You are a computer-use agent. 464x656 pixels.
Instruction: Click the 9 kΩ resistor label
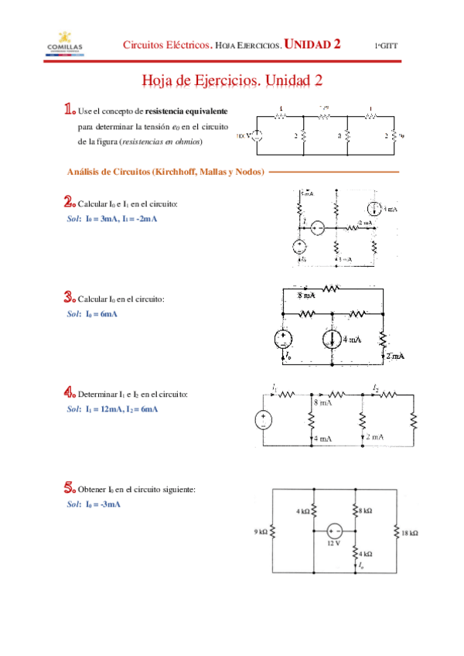point(261,532)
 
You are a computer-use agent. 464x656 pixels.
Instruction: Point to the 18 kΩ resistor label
point(410,533)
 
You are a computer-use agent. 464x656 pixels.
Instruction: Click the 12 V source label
point(334,543)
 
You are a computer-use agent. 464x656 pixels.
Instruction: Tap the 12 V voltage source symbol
point(334,531)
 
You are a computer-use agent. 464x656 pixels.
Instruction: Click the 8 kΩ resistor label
point(365,511)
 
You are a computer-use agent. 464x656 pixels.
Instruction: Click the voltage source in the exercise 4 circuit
point(264,421)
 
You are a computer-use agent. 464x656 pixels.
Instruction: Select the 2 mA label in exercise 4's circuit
point(375,437)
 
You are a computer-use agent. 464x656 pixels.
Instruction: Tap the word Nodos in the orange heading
point(247,171)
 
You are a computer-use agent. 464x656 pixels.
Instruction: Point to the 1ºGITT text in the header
point(387,46)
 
